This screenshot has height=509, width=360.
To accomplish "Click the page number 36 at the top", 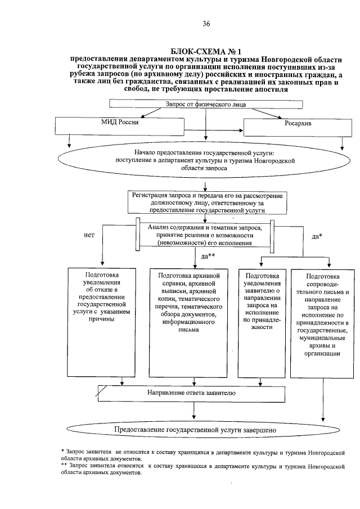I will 206,23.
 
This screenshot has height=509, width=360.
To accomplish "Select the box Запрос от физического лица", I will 206,103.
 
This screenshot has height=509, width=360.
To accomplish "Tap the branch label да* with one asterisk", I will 317,236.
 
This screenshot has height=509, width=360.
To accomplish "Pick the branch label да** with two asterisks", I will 209,256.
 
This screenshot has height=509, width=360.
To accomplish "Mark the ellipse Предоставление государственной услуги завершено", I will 195,430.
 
